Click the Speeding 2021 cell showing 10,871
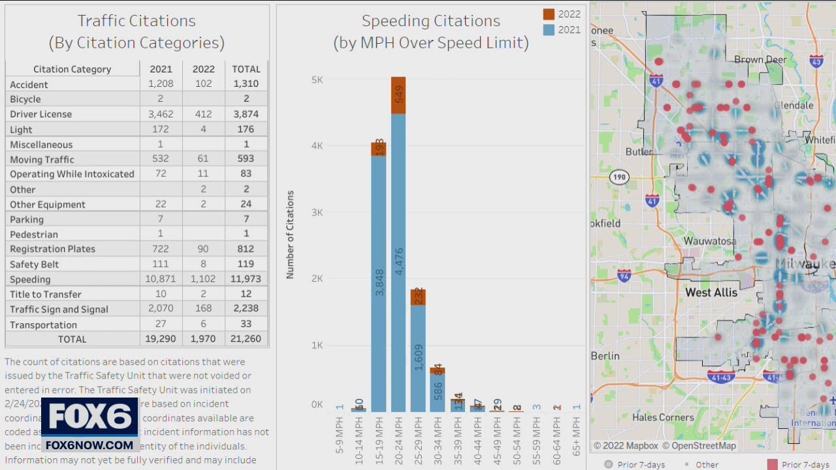click(x=160, y=279)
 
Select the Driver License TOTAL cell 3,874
click(x=246, y=114)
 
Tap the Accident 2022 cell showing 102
click(x=203, y=84)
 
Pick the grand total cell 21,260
click(x=246, y=339)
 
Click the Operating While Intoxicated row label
click(x=72, y=174)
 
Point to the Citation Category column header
click(x=72, y=69)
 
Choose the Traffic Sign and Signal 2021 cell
click(x=160, y=309)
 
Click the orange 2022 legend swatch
click(x=549, y=14)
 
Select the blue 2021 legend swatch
click(x=549, y=29)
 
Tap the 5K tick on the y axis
click(x=317, y=80)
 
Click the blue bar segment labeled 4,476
click(x=398, y=261)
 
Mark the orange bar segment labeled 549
click(x=398, y=96)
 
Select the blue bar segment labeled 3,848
click(x=379, y=281)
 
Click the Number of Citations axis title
click(x=291, y=235)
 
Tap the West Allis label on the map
click(x=711, y=292)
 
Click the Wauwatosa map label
click(x=709, y=241)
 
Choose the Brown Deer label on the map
click(x=760, y=59)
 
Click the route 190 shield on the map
click(x=619, y=177)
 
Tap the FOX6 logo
click(x=89, y=418)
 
